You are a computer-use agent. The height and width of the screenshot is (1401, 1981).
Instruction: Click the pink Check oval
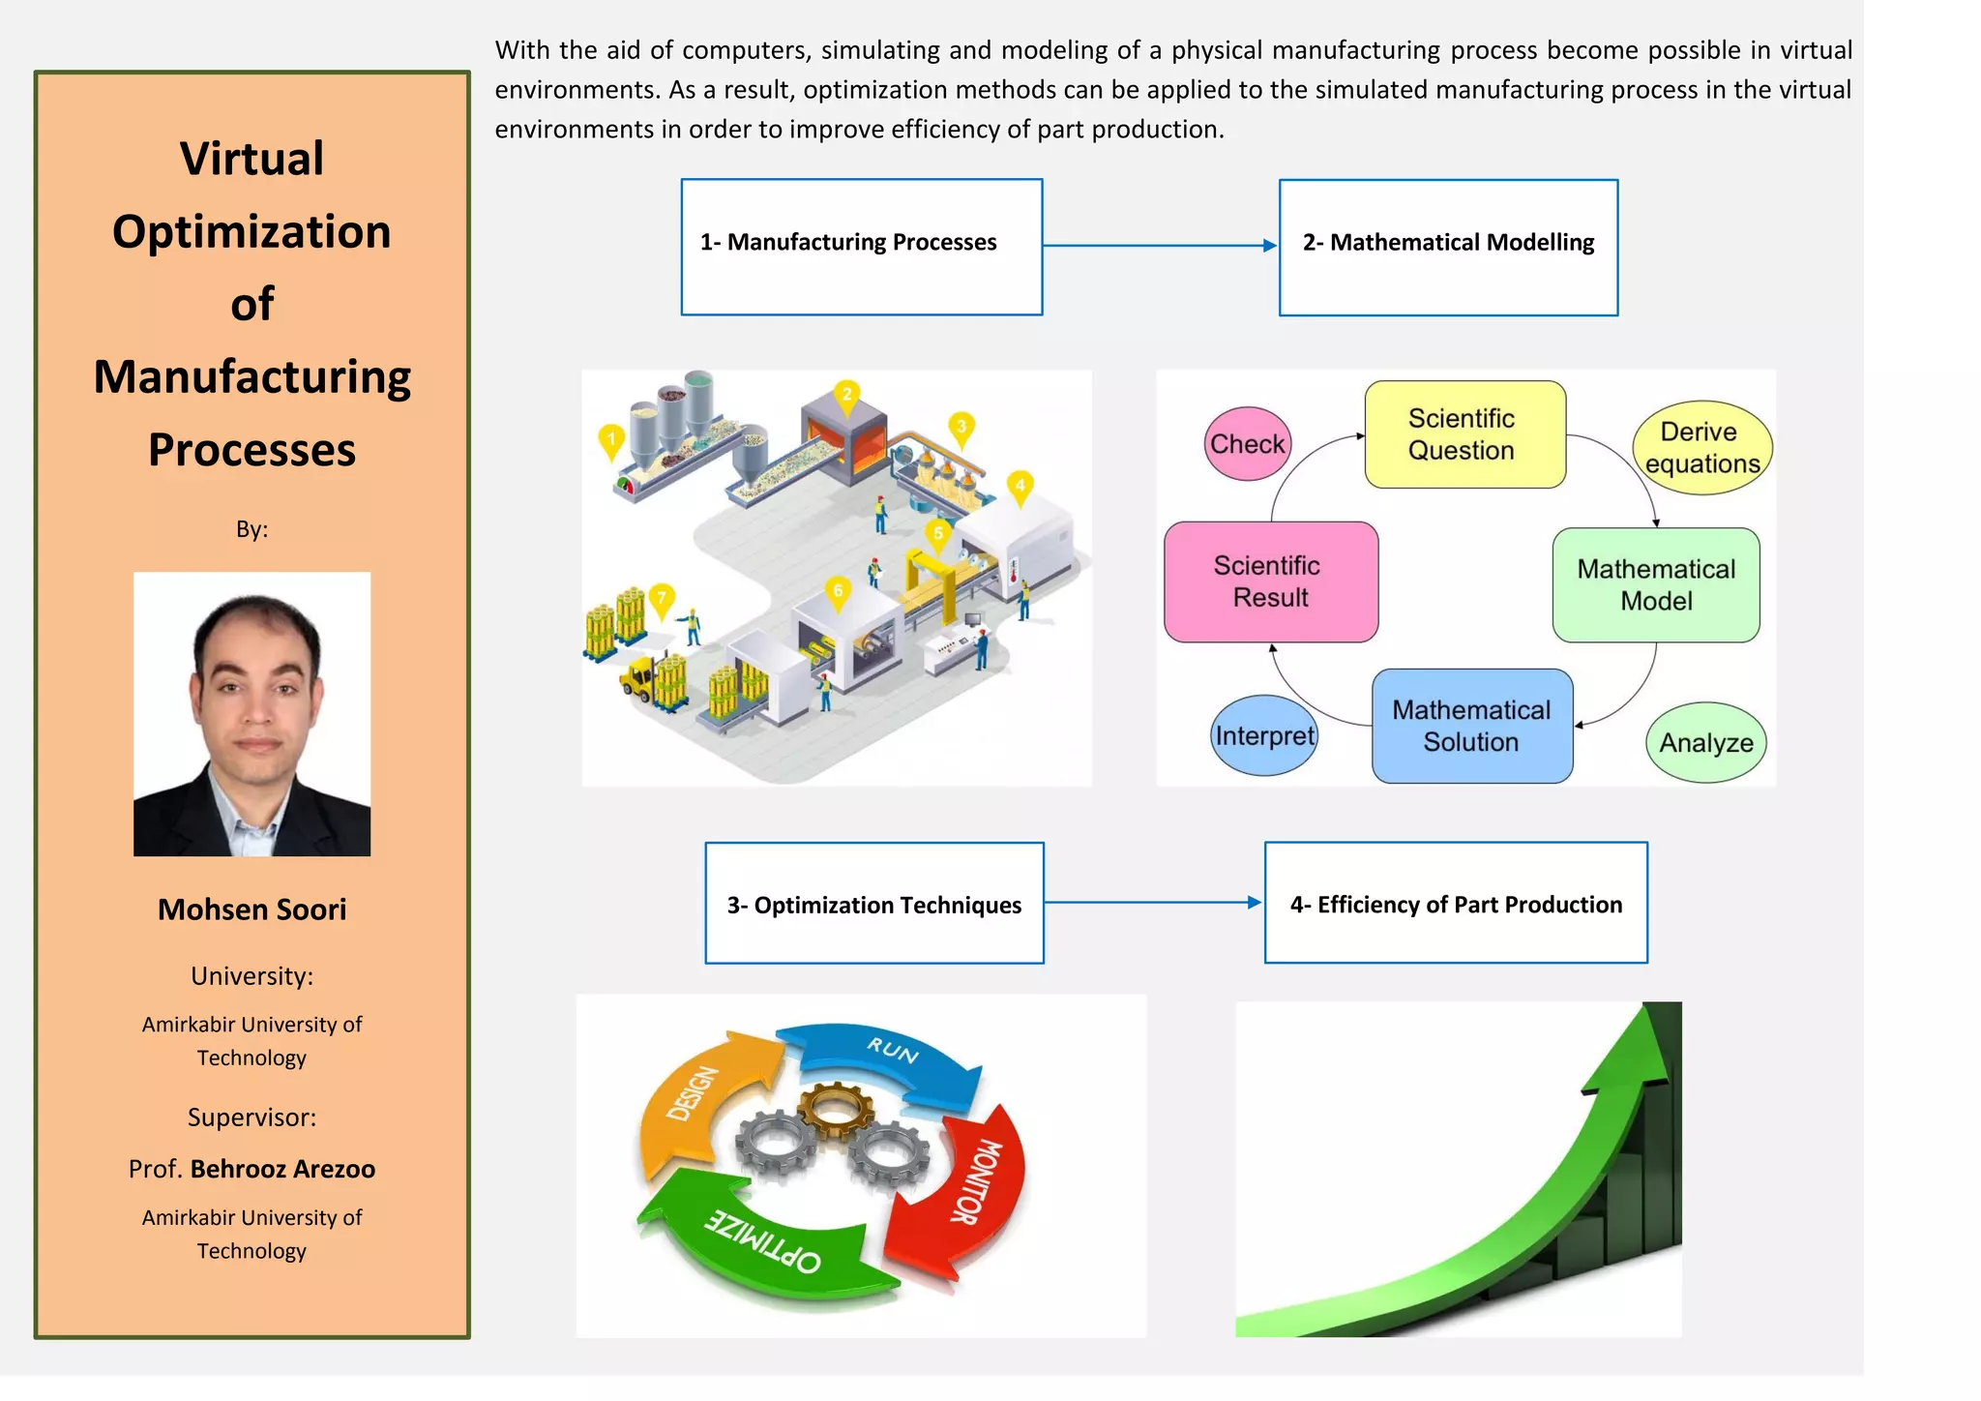[1247, 443]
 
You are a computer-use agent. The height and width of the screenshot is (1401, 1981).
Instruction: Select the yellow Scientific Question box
[1464, 434]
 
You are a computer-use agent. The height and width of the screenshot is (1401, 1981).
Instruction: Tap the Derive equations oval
[1701, 448]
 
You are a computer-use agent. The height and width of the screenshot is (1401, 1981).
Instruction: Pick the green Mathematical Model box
[1655, 584]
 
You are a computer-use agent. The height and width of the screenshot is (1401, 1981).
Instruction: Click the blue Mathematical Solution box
[1471, 726]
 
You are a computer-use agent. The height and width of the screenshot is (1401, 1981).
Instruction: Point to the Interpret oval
[1263, 735]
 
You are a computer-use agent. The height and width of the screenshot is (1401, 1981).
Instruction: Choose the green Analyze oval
[1705, 742]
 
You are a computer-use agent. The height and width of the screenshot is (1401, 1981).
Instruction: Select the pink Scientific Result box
[1270, 581]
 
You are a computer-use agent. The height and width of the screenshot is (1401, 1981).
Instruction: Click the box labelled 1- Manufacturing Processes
[861, 247]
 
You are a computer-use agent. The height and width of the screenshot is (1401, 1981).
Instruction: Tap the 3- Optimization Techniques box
[873, 903]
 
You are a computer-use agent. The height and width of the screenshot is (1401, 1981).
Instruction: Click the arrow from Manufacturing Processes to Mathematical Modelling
[1160, 246]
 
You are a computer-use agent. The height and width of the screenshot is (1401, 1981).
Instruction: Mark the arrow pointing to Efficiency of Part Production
[1153, 902]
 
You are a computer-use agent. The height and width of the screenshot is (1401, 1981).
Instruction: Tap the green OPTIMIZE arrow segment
[764, 1243]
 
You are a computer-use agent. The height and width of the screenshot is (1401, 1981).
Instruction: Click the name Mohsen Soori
[251, 909]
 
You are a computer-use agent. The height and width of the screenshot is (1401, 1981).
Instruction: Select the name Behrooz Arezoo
[282, 1169]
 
